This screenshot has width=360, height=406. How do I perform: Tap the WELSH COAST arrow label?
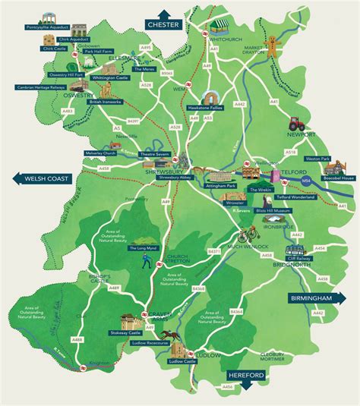38,179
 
